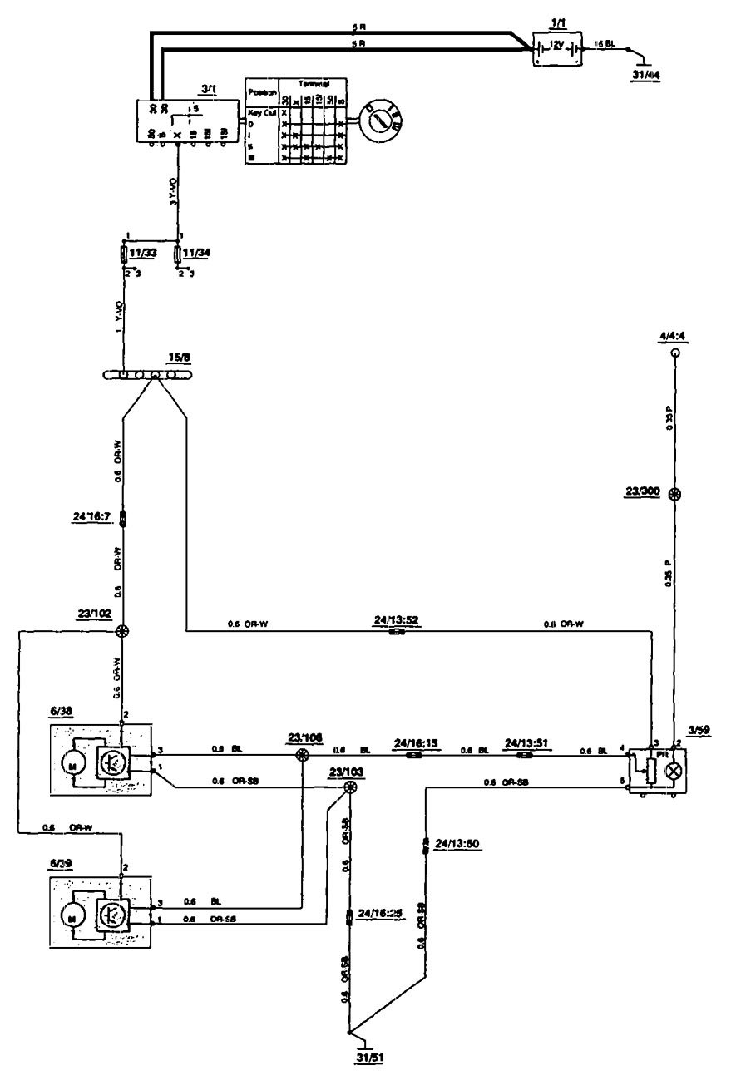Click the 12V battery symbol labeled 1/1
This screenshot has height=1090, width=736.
point(558,48)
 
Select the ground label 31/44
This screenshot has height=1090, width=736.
point(649,76)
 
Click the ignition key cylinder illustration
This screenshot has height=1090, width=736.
point(381,119)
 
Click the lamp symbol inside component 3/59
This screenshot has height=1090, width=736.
point(673,767)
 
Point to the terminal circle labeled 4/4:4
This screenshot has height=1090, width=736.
point(675,353)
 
